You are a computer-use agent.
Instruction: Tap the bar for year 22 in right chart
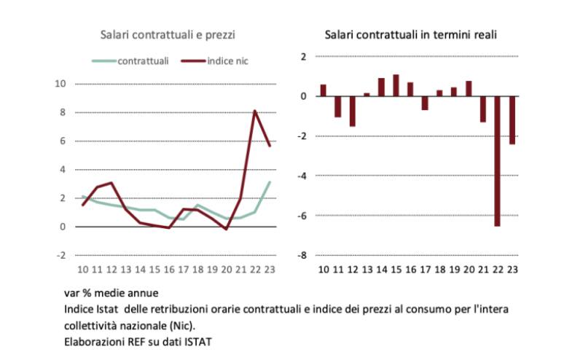point(497,161)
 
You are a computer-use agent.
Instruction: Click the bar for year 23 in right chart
point(512,120)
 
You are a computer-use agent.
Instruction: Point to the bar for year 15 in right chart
point(396,85)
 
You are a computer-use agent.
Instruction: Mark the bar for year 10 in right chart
point(323,90)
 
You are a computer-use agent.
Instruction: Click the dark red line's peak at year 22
point(254,111)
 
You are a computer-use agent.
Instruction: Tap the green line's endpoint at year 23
point(270,182)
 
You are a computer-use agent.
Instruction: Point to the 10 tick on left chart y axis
point(60,84)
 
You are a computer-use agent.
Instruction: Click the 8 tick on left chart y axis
point(63,112)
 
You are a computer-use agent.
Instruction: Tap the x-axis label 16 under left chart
point(169,270)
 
